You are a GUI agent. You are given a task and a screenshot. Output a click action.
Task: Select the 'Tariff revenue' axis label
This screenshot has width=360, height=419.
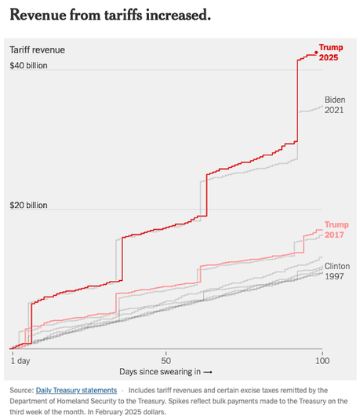[x=37, y=49]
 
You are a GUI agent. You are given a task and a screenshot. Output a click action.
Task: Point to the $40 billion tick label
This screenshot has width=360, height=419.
[x=29, y=65]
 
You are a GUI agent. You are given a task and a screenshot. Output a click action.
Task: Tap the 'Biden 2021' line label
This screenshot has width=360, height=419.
[x=336, y=104]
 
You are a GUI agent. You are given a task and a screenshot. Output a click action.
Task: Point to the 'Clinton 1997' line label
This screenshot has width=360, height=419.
[x=337, y=271]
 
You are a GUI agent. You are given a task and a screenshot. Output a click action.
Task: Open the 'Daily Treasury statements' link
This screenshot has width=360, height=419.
[x=76, y=390]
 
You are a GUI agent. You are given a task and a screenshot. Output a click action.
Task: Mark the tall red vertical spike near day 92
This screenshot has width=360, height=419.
[x=298, y=102]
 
